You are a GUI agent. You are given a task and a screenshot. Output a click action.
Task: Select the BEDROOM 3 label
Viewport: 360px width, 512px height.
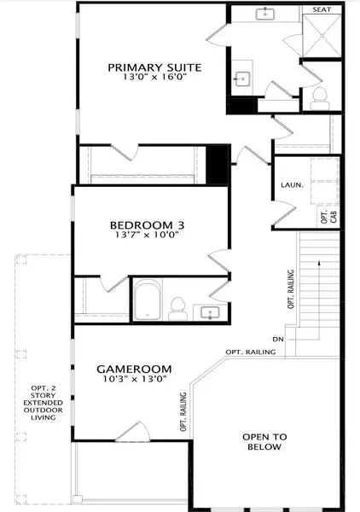point(149,226)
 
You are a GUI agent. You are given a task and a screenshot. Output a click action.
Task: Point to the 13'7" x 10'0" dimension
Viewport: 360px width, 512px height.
point(149,239)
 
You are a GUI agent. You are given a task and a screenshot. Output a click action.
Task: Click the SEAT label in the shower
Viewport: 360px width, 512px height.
point(321,9)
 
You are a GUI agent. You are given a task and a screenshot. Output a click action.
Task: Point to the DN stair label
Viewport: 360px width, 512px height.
point(277,339)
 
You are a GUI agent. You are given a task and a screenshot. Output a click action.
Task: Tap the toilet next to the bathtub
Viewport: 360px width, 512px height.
point(179,304)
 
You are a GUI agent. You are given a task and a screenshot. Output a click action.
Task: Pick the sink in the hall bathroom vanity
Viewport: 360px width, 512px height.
point(209,313)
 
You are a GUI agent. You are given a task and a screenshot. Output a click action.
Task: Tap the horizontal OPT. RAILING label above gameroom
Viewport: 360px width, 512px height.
point(250,352)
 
